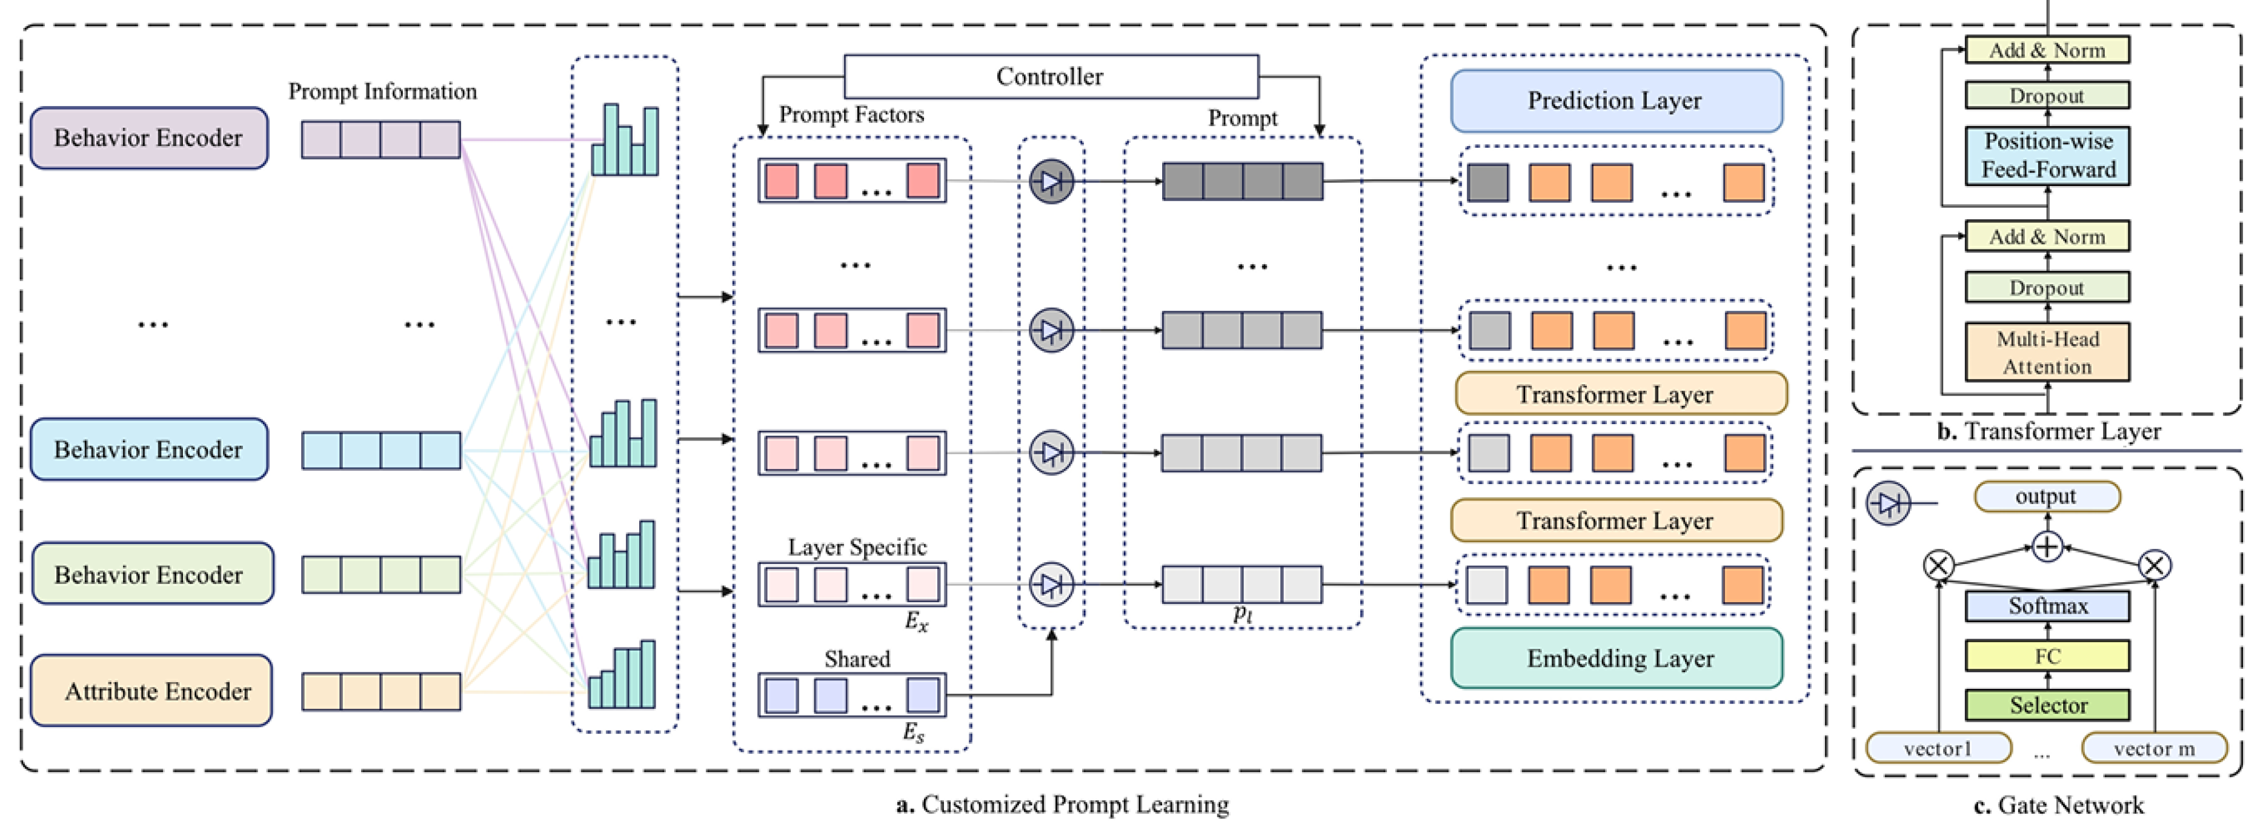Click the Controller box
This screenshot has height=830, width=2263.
[x=1051, y=76]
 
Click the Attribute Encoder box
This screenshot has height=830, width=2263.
[x=151, y=691]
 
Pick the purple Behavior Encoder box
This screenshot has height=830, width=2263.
[x=149, y=138]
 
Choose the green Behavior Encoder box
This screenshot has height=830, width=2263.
[x=151, y=574]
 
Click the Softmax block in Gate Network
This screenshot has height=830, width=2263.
[x=2047, y=606]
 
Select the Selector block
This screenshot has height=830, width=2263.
[x=2047, y=705]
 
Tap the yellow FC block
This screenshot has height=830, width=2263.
[x=2047, y=656]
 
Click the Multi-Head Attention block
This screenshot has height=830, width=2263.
[x=2047, y=352]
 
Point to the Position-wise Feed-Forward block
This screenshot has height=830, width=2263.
[x=2047, y=156]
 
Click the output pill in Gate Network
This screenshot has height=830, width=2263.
[x=2047, y=496]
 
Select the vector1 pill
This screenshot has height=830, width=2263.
[x=1938, y=748]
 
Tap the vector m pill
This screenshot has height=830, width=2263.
[x=2154, y=748]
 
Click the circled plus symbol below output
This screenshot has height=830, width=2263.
[x=2047, y=547]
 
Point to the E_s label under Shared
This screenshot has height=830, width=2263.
[x=914, y=732]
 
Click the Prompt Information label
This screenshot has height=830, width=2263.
[x=382, y=91]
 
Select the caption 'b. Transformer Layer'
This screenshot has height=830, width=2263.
[x=2049, y=431]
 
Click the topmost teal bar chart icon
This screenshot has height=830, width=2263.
[x=625, y=141]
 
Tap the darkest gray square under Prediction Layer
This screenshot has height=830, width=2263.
[x=1488, y=183]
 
